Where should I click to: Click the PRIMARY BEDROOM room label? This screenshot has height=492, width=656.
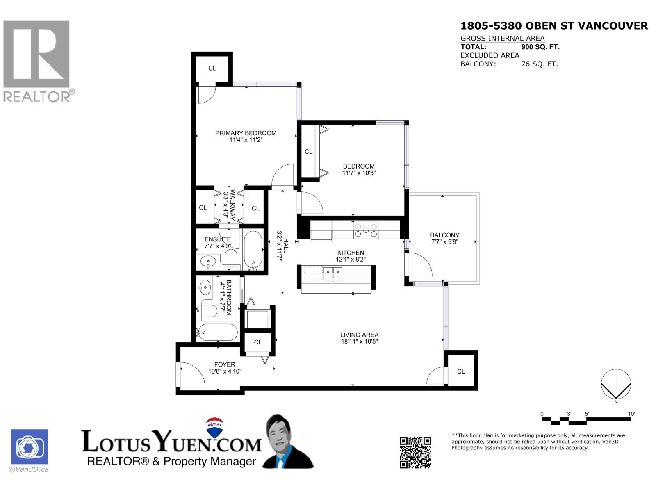tap(246, 133)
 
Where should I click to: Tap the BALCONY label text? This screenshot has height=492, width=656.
tap(444, 235)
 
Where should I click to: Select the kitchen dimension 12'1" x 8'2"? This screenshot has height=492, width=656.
tap(351, 260)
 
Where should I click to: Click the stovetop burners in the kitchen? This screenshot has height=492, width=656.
tap(366, 230)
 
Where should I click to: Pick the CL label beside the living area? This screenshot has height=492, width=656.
tap(461, 371)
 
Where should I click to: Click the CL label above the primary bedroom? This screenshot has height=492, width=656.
tap(212, 68)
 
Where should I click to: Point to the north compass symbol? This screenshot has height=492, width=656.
tap(616, 385)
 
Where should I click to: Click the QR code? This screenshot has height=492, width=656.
tap(415, 452)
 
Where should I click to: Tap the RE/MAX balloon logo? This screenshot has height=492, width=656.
tap(215, 428)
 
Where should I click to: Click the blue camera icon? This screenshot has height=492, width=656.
tap(30, 446)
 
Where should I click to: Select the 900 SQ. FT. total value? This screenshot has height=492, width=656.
tap(540, 47)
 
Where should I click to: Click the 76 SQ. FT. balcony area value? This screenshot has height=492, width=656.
tap(539, 64)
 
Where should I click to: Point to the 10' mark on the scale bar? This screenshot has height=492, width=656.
tap(631, 414)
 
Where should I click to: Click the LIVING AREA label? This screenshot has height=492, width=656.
tap(359, 335)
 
